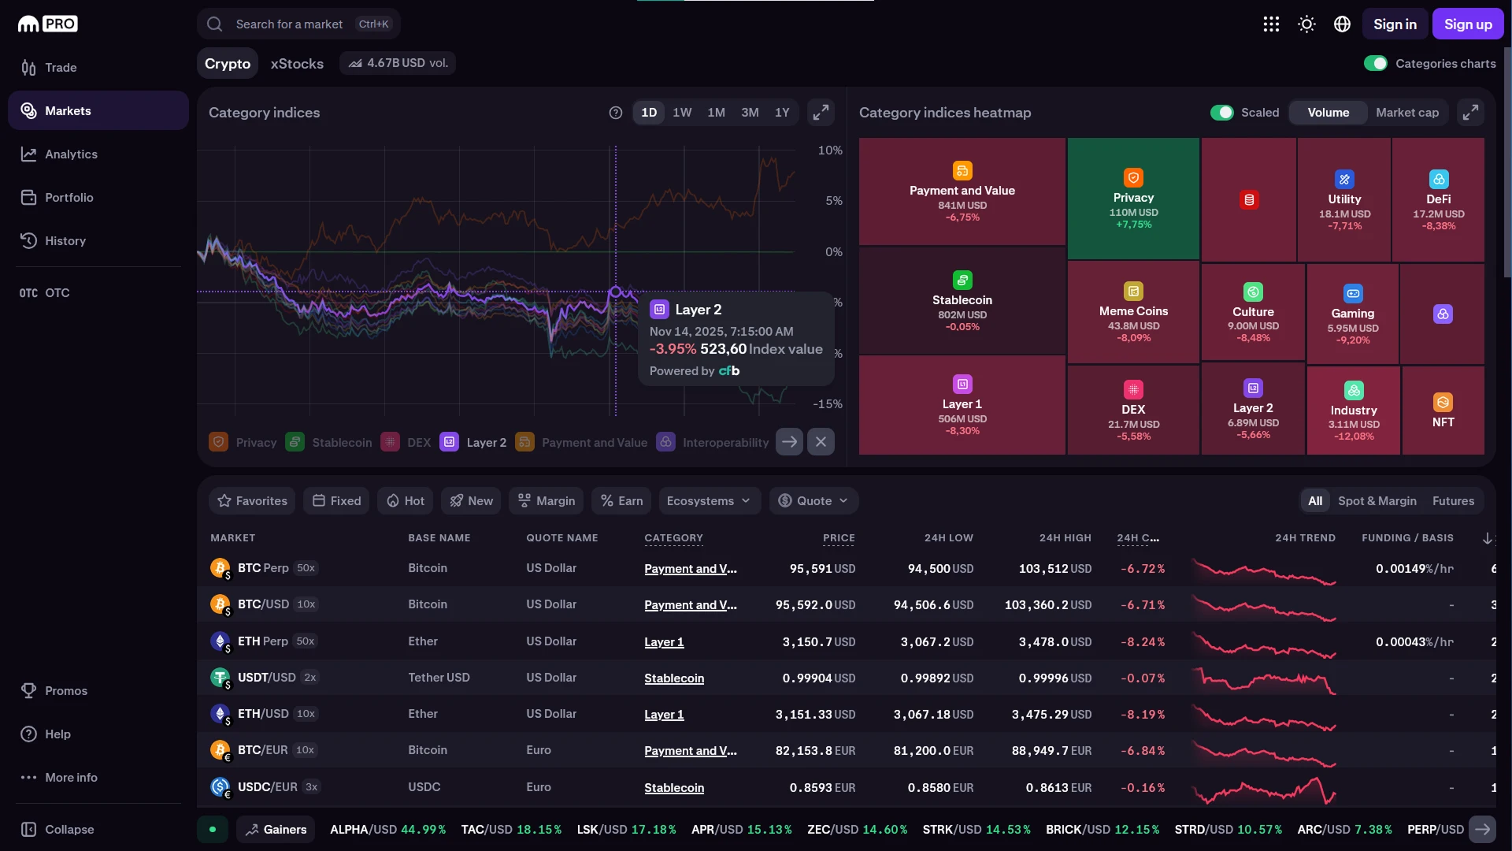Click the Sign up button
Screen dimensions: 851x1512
click(x=1467, y=24)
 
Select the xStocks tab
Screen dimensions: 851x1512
click(x=297, y=64)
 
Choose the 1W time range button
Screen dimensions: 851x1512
click(x=682, y=113)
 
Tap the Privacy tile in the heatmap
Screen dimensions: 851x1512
click(x=1132, y=199)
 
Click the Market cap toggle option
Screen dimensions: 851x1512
click(x=1406, y=113)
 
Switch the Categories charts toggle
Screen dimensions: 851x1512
click(x=1376, y=64)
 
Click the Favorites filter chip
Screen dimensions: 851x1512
click(x=253, y=501)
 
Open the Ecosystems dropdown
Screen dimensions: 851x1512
click(x=709, y=501)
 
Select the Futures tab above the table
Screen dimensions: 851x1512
click(x=1453, y=501)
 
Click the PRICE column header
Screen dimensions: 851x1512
click(x=839, y=538)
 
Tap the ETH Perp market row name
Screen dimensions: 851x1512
click(x=262, y=641)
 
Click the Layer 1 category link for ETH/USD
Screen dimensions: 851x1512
click(x=664, y=715)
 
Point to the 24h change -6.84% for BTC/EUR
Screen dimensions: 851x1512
click(x=1143, y=751)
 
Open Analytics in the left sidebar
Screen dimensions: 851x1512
click(x=71, y=154)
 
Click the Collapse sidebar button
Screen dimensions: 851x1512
click(x=69, y=830)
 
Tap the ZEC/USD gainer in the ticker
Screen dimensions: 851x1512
click(x=857, y=830)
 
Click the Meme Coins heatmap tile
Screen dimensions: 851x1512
click(x=1133, y=312)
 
